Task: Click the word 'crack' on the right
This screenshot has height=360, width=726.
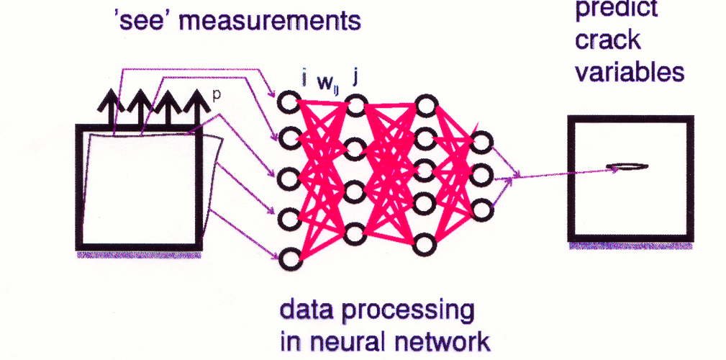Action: (607, 40)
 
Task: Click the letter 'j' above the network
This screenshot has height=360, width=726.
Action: (355, 76)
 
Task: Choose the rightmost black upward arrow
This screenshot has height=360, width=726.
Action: (194, 109)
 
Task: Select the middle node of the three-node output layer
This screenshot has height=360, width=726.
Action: (481, 175)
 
